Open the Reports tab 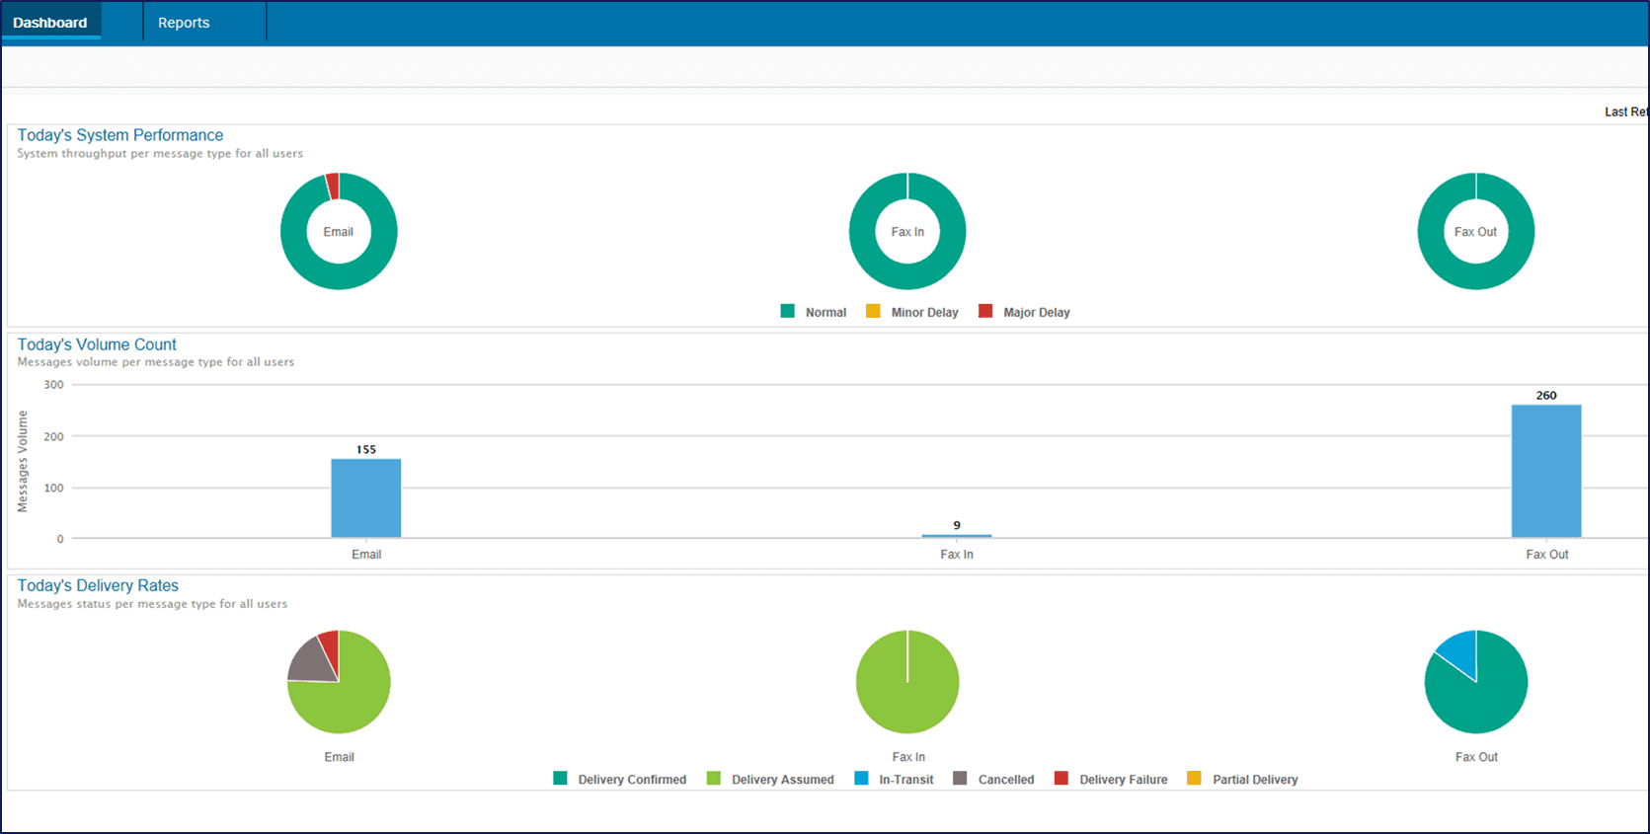click(x=184, y=23)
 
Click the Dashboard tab click(x=50, y=23)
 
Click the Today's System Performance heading click(x=120, y=135)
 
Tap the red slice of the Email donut click(x=333, y=186)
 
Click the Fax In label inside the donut click(x=907, y=232)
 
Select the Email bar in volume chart click(x=366, y=498)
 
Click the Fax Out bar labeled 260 click(x=1546, y=472)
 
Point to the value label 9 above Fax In click(x=957, y=525)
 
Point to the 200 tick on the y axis click(x=54, y=436)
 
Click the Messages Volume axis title click(x=23, y=461)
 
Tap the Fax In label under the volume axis click(x=957, y=555)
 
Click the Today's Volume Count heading click(x=97, y=344)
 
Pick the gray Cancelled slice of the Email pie click(x=312, y=662)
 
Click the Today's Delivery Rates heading click(x=98, y=585)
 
